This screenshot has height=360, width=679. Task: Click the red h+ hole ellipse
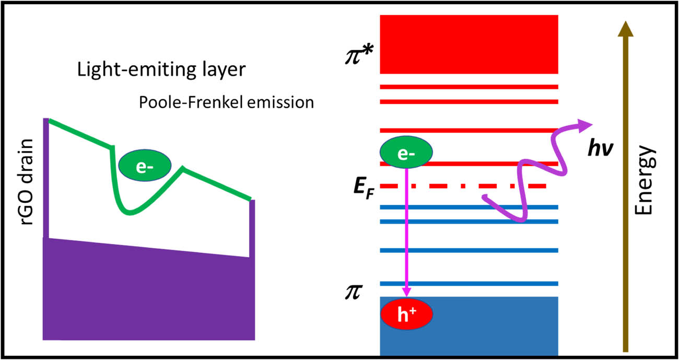coord(406,313)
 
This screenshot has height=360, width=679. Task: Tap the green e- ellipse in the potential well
coord(145,165)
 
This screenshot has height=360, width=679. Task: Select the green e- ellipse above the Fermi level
coord(406,152)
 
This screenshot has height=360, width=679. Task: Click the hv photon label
coord(600,148)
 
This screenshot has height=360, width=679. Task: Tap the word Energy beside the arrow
coord(645,180)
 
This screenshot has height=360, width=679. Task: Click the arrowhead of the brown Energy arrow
coord(626,29)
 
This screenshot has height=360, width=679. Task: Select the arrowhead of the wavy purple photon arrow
coord(585,125)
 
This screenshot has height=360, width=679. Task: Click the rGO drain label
coord(27,182)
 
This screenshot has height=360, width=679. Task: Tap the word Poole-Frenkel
coord(192,102)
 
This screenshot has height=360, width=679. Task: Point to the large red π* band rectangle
coord(469,44)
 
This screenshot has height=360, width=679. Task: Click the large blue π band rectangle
coord(469,326)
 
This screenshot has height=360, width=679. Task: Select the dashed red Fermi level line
coord(463,186)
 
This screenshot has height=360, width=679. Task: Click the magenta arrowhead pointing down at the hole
coord(406,292)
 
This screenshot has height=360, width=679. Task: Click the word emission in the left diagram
coord(280,102)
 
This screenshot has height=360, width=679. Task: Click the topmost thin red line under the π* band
coord(469,87)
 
